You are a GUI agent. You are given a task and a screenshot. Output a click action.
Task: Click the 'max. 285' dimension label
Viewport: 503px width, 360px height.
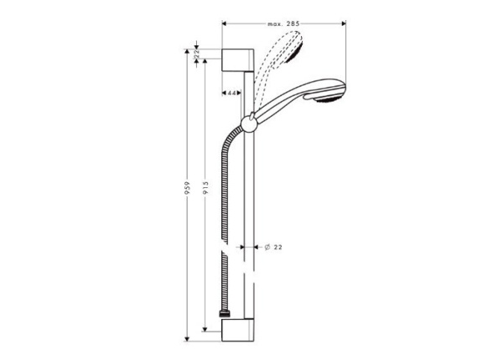click(284, 25)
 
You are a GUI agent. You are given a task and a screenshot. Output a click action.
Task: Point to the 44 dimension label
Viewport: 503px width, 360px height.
click(232, 92)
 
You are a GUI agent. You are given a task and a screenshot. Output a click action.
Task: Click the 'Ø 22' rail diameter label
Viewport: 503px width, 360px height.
click(272, 247)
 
